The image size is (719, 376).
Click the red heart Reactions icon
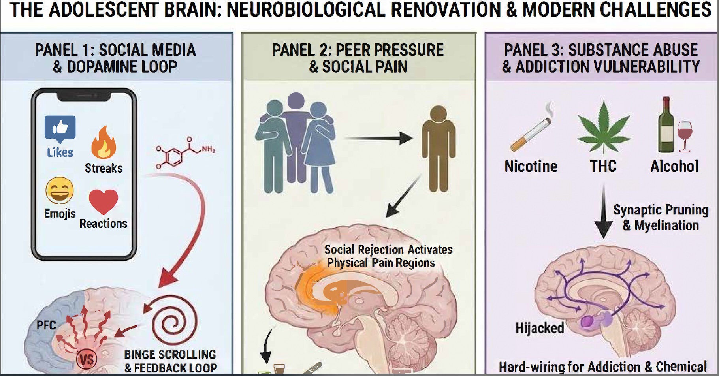coord(104,201)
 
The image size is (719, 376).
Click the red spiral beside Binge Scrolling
coord(174,322)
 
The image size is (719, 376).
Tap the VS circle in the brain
coord(87,359)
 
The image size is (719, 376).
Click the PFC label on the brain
coord(46,325)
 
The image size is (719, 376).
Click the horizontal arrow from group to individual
coord(378,139)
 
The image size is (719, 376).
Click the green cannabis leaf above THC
coord(603,126)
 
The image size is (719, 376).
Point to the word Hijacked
coord(540,328)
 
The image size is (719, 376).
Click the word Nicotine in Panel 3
coord(531,166)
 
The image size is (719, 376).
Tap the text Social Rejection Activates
coord(388,250)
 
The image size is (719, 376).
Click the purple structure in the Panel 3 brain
coord(589,322)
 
